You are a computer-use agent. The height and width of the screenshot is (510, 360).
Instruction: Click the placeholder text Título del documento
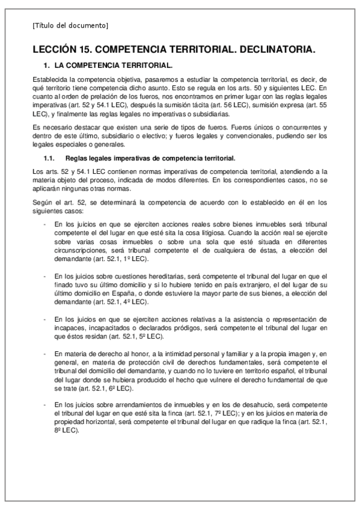click(x=70, y=25)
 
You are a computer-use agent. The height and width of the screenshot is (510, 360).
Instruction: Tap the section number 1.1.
click(x=50, y=158)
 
